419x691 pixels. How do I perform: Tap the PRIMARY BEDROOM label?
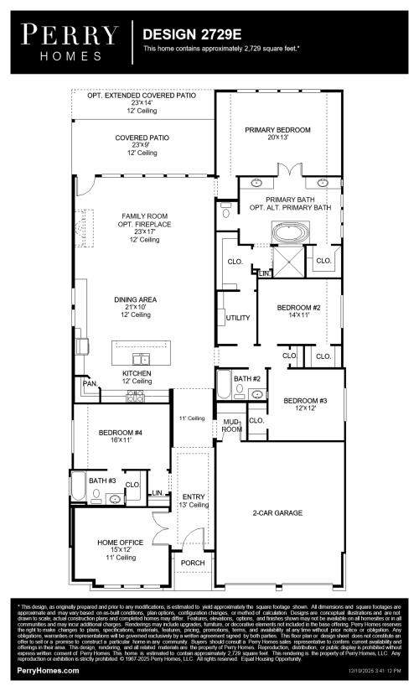click(277, 130)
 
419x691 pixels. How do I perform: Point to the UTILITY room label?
click(238, 318)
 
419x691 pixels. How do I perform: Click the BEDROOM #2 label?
click(298, 308)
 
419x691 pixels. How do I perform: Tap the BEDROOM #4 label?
click(121, 434)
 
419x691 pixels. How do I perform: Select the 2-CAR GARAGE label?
click(278, 512)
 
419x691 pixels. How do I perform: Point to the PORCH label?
click(194, 562)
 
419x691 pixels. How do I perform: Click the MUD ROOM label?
click(231, 425)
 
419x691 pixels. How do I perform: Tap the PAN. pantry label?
click(89, 383)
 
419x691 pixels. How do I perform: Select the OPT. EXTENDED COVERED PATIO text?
click(142, 96)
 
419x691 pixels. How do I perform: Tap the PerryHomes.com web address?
click(47, 673)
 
